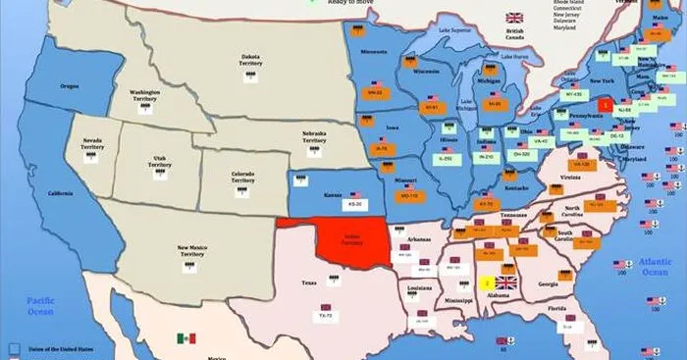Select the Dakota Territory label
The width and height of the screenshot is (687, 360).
click(250, 60)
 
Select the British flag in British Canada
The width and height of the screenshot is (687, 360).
click(513, 18)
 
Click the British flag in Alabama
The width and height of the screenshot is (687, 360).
click(505, 270)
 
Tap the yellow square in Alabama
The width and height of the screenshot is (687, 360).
click(487, 283)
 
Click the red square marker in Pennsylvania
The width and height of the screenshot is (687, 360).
click(606, 103)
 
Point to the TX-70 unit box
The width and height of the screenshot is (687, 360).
click(325, 316)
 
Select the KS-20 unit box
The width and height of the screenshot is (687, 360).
click(328, 205)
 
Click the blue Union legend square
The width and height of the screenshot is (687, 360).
click(13, 347)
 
